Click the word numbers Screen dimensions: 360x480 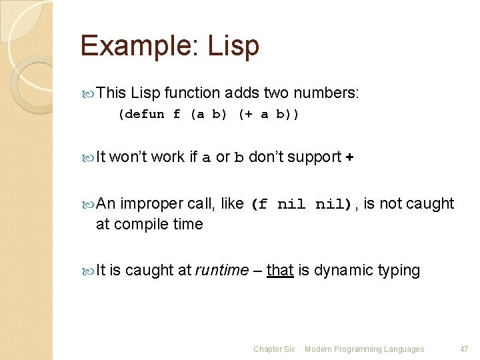pos(327,93)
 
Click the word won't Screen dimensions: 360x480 pos(128,157)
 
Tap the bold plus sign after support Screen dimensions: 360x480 pos(350,157)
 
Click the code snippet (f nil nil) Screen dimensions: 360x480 pos(303,205)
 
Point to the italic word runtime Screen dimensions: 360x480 pos(221,271)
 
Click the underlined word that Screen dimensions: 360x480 pos(280,271)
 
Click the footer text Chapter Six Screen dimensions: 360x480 pos(274,349)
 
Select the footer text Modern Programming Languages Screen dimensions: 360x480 pos(364,349)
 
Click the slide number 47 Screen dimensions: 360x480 pos(465,349)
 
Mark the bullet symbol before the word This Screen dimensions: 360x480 pos(89,93)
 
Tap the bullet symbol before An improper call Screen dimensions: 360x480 pos(89,204)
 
